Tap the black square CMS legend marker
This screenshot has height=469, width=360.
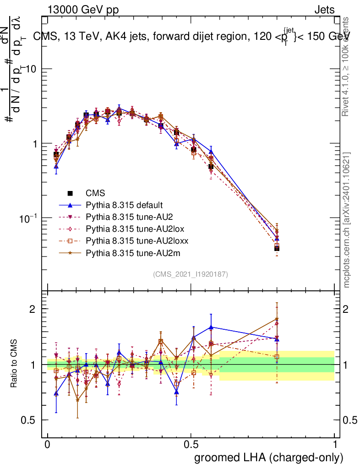(x=70, y=193)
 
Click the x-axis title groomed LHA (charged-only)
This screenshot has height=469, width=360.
(x=269, y=457)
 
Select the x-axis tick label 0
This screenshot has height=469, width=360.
(x=48, y=445)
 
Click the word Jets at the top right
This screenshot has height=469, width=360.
(x=324, y=10)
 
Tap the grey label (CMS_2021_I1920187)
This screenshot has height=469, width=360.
(x=191, y=274)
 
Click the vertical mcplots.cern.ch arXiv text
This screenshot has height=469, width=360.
(x=347, y=220)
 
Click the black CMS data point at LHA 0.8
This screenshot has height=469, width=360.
(x=277, y=248)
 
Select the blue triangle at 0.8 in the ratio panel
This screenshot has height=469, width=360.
(x=277, y=338)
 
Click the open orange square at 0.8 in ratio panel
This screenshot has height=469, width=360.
(x=277, y=357)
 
